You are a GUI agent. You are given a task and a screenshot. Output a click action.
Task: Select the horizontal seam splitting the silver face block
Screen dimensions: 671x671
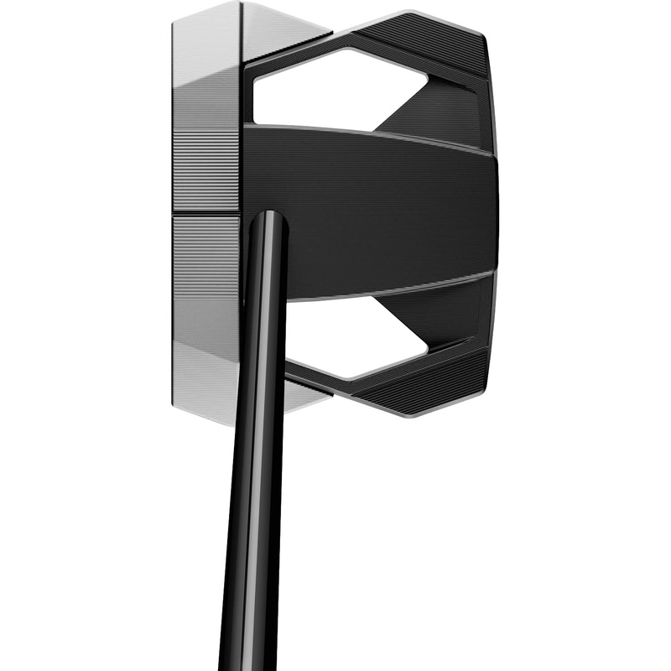206,213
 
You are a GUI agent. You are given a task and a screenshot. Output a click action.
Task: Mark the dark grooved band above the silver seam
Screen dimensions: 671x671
205,172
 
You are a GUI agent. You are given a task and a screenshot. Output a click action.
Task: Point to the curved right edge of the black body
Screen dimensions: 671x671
496,210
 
